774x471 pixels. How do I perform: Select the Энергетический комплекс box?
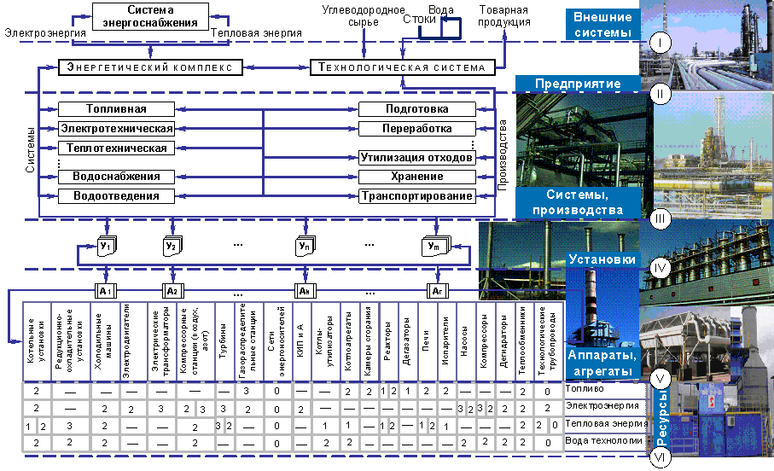(151, 67)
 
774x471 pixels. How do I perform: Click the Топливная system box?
(116, 109)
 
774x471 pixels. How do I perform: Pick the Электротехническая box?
(116, 129)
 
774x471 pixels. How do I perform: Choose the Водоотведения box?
(116, 196)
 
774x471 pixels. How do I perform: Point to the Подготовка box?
(416, 109)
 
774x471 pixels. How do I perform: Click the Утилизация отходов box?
(416, 158)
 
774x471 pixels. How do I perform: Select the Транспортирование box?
(416, 196)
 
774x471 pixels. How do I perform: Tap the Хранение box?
(416, 177)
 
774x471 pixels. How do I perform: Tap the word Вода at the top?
(440, 11)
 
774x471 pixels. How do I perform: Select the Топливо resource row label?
(584, 389)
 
